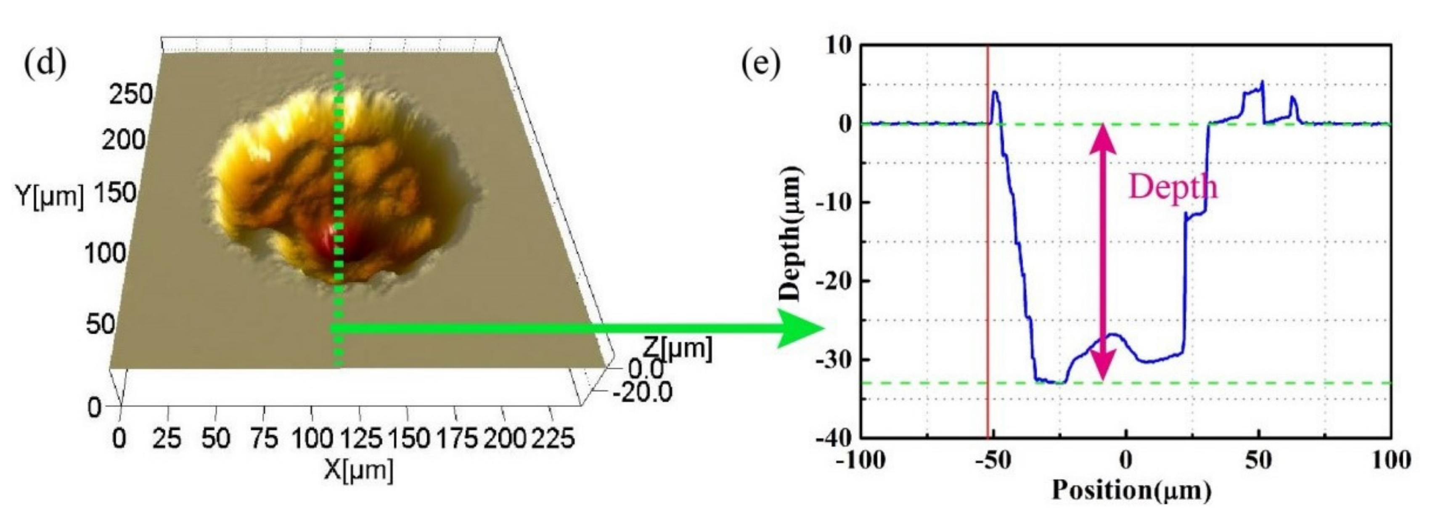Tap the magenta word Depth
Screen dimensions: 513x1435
pos(1173,187)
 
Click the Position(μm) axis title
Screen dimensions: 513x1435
pos(1131,490)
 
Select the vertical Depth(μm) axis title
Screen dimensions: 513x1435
pos(792,234)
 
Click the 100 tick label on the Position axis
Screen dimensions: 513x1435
pos(1390,460)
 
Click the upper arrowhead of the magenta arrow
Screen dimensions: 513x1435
pos(1103,137)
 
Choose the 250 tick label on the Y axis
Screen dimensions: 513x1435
pos(131,94)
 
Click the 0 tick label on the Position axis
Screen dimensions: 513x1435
pos(1126,460)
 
